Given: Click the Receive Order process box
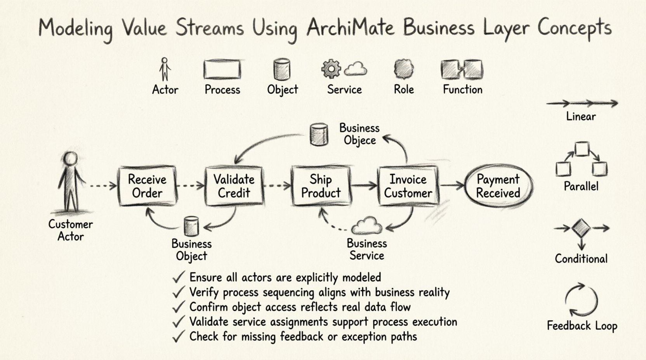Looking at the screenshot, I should click(x=147, y=186).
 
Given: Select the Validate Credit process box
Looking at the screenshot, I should click(x=234, y=186).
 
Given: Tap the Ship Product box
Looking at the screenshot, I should click(x=321, y=186).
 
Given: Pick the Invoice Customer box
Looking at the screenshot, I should click(x=408, y=186).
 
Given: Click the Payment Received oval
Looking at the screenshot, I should click(x=498, y=186).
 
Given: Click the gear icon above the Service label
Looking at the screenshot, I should click(x=331, y=69).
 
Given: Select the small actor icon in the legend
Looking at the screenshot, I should click(x=165, y=69).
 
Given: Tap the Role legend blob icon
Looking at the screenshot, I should click(x=404, y=69).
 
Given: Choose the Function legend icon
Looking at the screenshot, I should click(x=462, y=69).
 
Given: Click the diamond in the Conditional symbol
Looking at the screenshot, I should click(x=581, y=228).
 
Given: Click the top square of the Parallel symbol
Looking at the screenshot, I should click(x=582, y=149).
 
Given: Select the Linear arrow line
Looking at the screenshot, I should click(x=582, y=103).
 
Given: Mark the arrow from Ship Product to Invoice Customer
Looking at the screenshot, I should click(x=364, y=186).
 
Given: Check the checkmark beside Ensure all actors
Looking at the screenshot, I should click(x=178, y=277).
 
